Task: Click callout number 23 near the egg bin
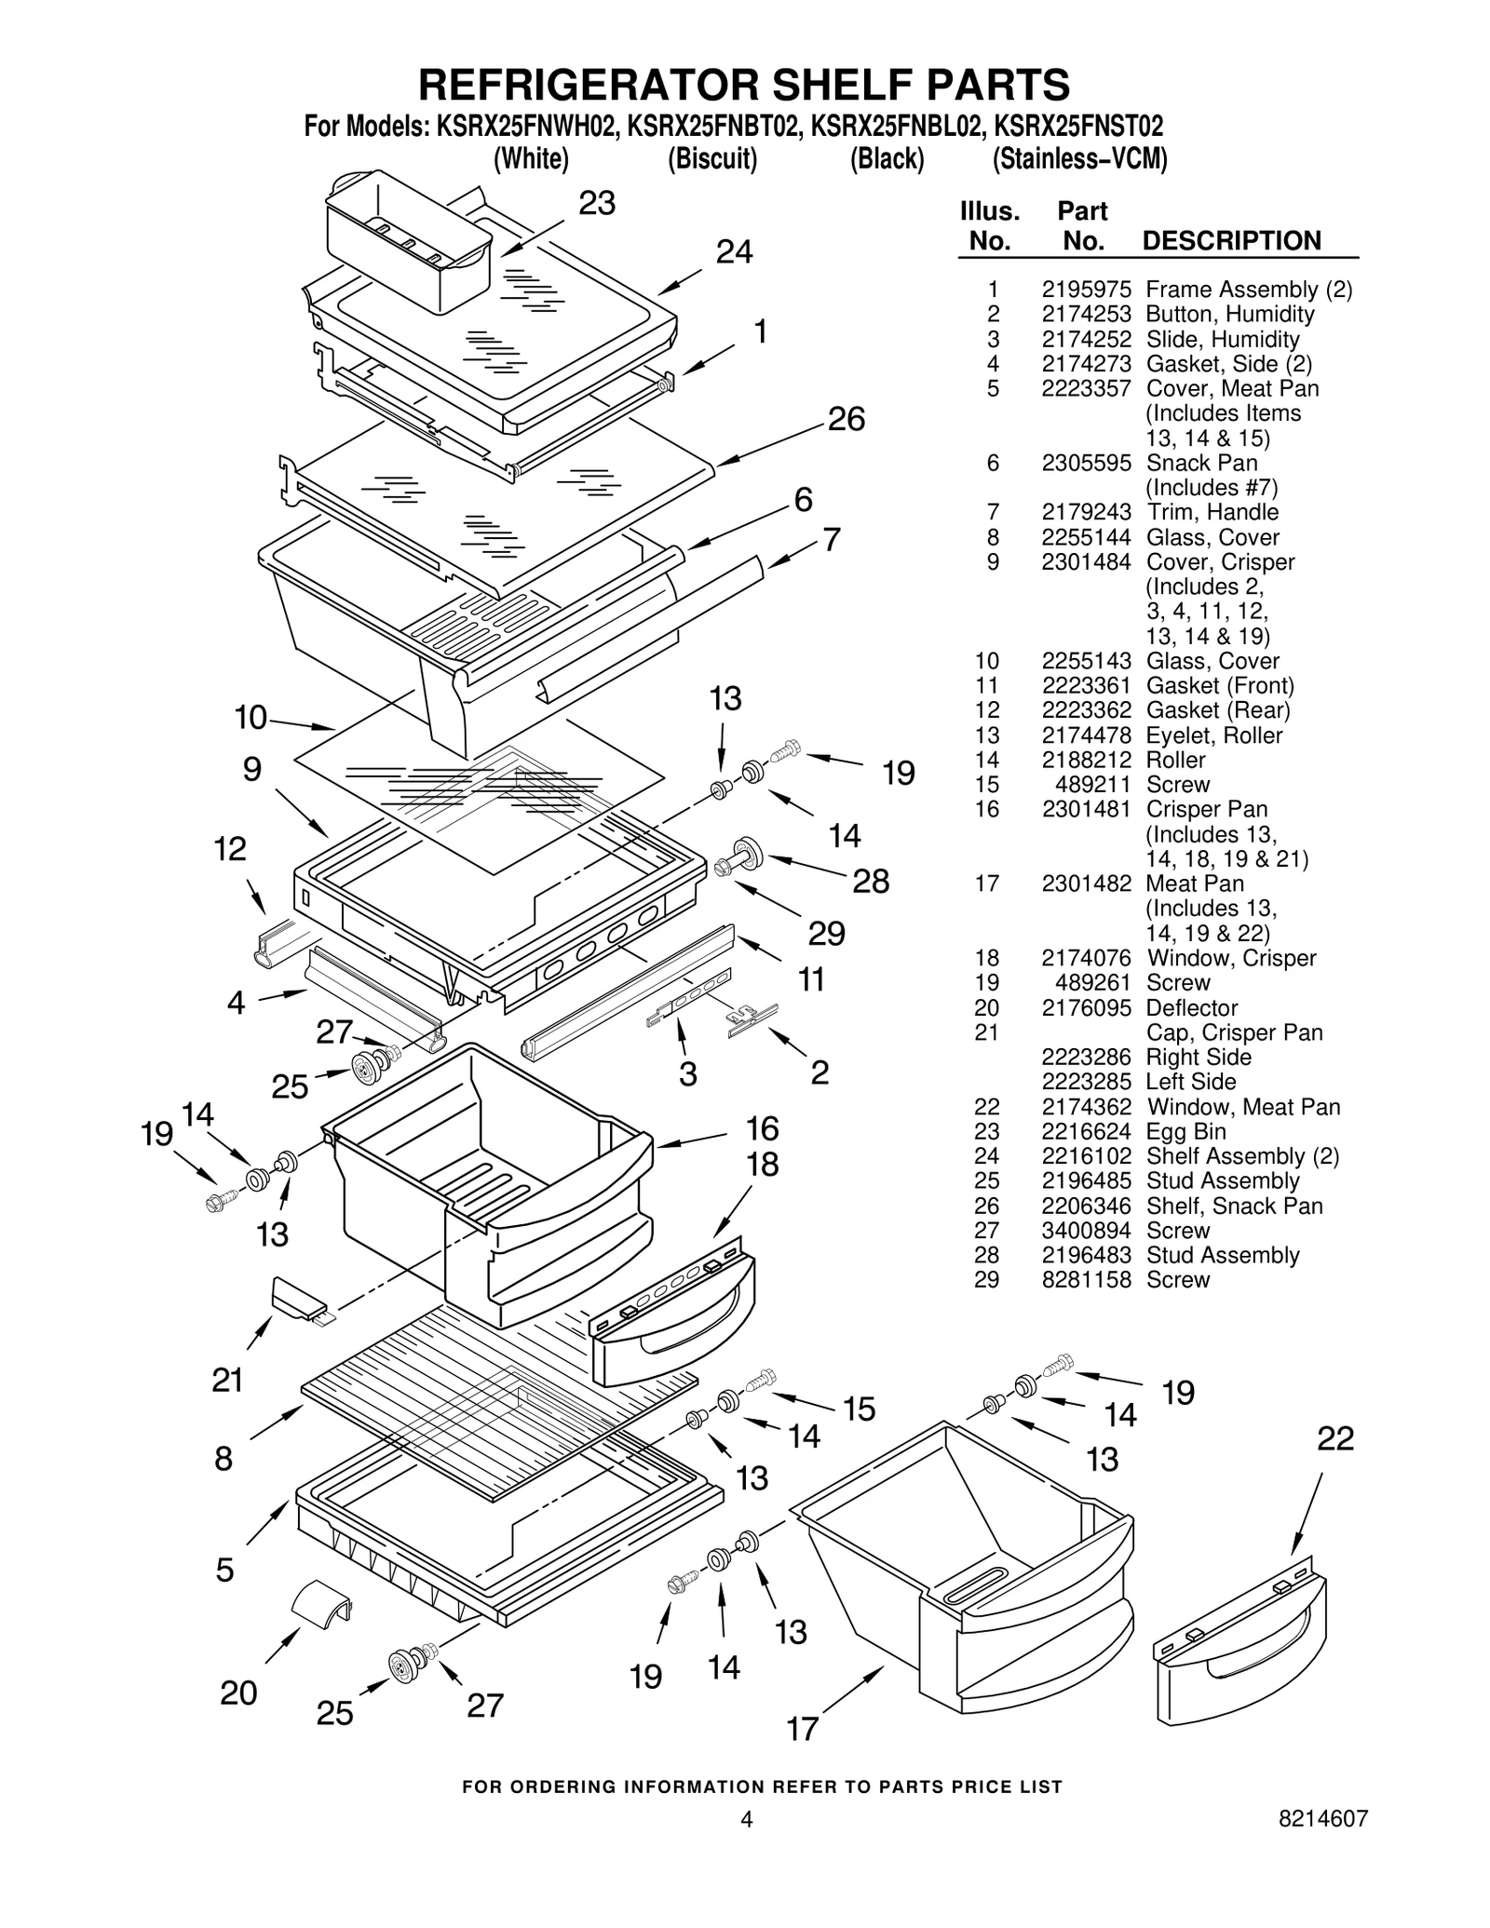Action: [597, 203]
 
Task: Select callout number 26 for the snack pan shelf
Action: [846, 419]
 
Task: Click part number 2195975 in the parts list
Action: [1086, 290]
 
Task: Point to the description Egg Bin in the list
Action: [1185, 1131]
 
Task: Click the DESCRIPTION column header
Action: [1231, 240]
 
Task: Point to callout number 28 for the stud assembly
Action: [871, 881]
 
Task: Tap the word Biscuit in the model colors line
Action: [712, 159]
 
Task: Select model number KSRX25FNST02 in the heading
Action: [1078, 126]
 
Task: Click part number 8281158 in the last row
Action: [1086, 1279]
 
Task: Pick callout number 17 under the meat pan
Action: [802, 1729]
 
